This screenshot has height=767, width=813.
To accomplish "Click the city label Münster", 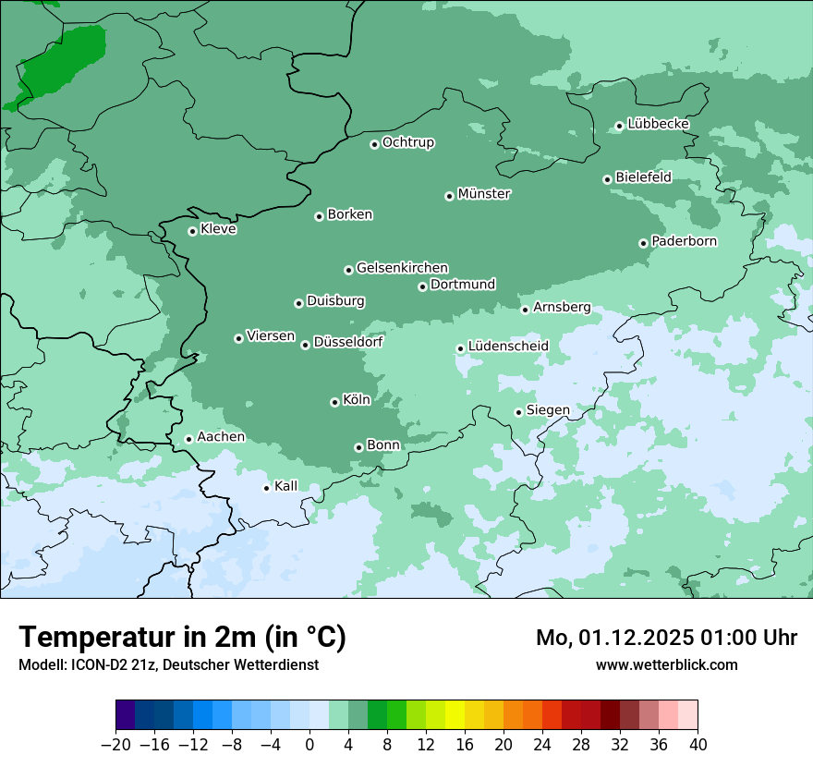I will [484, 194].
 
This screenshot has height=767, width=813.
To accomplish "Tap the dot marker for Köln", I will [334, 402].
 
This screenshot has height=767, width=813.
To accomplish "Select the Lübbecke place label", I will [658, 124].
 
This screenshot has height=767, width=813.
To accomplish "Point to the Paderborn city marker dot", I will [643, 243].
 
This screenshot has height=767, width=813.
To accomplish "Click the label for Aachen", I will [221, 437].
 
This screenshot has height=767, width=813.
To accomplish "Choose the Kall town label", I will [286, 486].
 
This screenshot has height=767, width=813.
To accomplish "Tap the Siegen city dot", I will [519, 412].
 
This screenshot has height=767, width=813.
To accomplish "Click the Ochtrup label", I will [408, 142].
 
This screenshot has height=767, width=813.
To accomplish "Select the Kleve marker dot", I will [192, 231].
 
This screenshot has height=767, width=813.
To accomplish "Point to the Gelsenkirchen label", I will [402, 268].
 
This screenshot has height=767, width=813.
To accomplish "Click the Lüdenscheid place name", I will [508, 347].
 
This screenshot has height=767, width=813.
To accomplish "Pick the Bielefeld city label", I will [643, 177].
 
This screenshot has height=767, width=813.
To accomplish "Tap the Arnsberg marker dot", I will [525, 310].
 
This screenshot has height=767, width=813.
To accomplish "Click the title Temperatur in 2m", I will [182, 637].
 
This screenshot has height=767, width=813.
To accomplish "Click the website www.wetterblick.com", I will [666, 664].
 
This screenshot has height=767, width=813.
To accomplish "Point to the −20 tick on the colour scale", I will [115, 745].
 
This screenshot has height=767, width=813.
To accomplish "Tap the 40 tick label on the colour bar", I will [698, 745].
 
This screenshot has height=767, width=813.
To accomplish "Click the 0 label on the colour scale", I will [309, 745].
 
